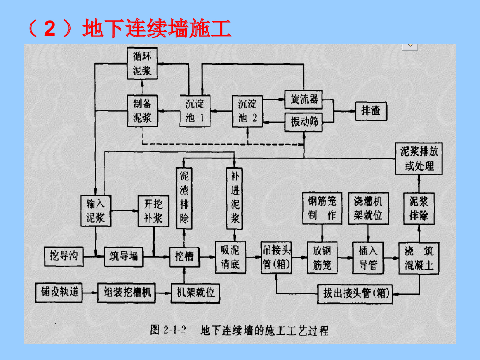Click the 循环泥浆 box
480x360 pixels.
coord(142,64)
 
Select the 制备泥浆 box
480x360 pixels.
coord(142,111)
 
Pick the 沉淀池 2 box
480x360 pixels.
coord(247,111)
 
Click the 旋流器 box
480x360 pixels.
coord(304,99)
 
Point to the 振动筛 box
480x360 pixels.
coord(304,122)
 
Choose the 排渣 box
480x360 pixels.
coord(371,111)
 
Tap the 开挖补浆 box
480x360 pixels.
coord(153,210)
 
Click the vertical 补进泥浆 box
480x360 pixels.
coord(235,198)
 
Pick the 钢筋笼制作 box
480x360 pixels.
coord(322,208)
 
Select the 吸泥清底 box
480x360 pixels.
coord(230,257)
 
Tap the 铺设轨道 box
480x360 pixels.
coord(58,293)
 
